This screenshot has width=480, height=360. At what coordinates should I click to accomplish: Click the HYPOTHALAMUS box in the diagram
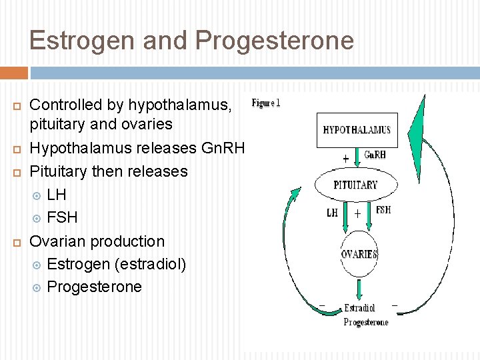tap(357, 130)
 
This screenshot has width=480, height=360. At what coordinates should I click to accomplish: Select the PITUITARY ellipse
tap(355, 185)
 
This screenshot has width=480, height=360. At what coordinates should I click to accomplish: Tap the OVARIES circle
tap(359, 254)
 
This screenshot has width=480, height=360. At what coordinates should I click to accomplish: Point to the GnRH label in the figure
tap(375, 155)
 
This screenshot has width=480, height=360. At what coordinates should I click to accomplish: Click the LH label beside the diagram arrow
tap(332, 213)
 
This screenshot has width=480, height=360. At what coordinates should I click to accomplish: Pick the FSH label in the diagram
tap(383, 209)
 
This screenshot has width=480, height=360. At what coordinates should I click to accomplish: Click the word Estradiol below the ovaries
tap(359, 308)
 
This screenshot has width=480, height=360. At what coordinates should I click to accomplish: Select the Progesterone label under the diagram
tap(365, 322)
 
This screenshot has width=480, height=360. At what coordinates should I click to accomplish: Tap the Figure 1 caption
tap(265, 103)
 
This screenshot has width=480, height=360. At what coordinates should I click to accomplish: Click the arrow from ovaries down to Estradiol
tap(359, 289)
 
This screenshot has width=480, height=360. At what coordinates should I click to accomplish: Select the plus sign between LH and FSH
tap(358, 214)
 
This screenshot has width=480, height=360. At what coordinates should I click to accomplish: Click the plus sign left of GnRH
tap(345, 159)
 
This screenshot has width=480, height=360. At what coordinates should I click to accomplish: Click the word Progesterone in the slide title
tap(275, 41)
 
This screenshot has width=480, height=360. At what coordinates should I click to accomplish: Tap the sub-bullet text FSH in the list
tap(62, 217)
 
